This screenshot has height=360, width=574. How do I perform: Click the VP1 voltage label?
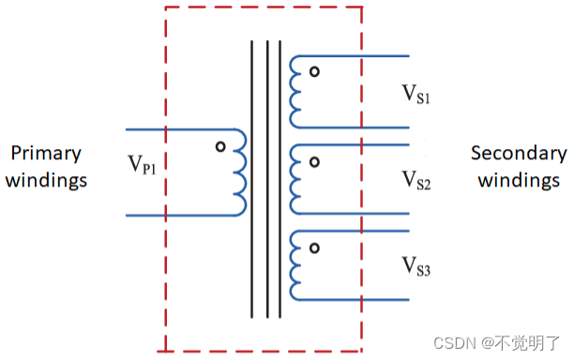click(x=144, y=162)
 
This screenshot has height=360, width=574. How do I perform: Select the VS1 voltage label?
click(x=416, y=94)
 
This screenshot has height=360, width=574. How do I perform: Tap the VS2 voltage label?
click(x=416, y=179)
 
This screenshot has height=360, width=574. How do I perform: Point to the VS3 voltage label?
click(x=416, y=264)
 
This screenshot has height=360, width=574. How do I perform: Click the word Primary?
click(x=46, y=153)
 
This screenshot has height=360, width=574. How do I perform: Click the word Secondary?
click(x=519, y=153)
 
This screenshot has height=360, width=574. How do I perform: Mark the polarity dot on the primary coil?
click(x=220, y=146)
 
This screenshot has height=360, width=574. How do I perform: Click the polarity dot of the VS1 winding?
click(x=315, y=72)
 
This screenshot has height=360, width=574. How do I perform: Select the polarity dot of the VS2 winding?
click(x=315, y=161)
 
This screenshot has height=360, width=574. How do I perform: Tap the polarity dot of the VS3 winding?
click(x=315, y=247)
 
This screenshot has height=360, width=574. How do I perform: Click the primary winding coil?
click(x=240, y=172)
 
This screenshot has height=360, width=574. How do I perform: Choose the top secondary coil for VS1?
click(x=295, y=91)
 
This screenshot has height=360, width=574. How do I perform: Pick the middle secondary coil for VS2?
click(x=295, y=179)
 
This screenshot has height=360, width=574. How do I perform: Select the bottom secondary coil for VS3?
click(x=295, y=265)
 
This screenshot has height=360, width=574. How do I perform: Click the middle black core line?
click(x=266, y=178)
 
